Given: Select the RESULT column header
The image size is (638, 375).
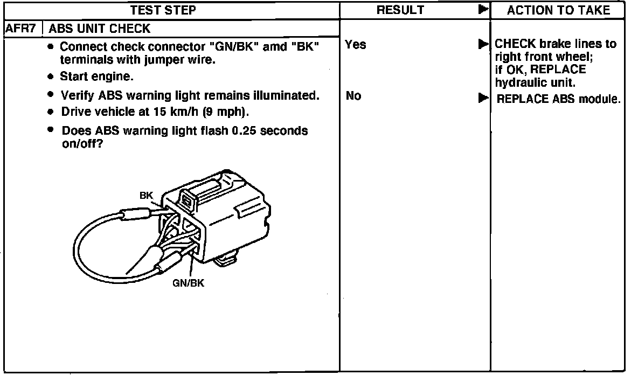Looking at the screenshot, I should point(400,10).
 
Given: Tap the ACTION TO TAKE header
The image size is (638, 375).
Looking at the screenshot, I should point(558,10).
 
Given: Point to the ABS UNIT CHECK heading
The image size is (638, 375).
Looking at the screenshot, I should point(100,28).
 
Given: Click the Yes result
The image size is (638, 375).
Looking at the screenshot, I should point(356,45).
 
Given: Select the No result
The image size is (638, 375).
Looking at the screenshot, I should point(353,96).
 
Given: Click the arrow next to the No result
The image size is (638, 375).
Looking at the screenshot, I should point(483,97).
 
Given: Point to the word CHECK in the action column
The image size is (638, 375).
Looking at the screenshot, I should point(514,44).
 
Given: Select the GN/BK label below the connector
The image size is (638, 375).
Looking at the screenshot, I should point(188,283).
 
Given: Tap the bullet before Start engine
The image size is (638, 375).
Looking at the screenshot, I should point(50,77).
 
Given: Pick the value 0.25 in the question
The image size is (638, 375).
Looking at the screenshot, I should point(243,131).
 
